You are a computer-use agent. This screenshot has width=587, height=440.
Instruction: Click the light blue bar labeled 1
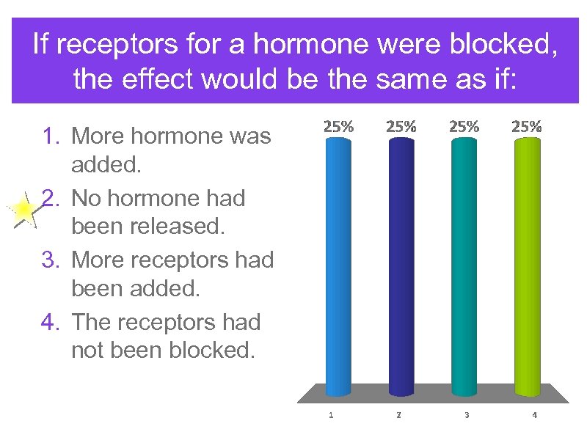tap(338, 264)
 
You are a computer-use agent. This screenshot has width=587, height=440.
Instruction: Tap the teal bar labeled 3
tap(464, 264)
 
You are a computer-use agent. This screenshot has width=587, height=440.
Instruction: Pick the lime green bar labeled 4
tap(527, 264)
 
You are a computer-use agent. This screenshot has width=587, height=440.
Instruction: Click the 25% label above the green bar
tap(526, 125)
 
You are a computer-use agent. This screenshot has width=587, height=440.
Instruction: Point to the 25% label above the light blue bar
tap(338, 125)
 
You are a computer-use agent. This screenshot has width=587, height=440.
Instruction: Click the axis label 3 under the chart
tap(467, 415)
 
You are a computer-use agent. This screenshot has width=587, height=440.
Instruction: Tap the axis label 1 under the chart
tap(331, 415)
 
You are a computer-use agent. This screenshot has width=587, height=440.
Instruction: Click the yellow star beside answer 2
tap(23, 212)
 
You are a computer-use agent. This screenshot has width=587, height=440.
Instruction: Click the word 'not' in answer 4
tap(88, 351)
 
